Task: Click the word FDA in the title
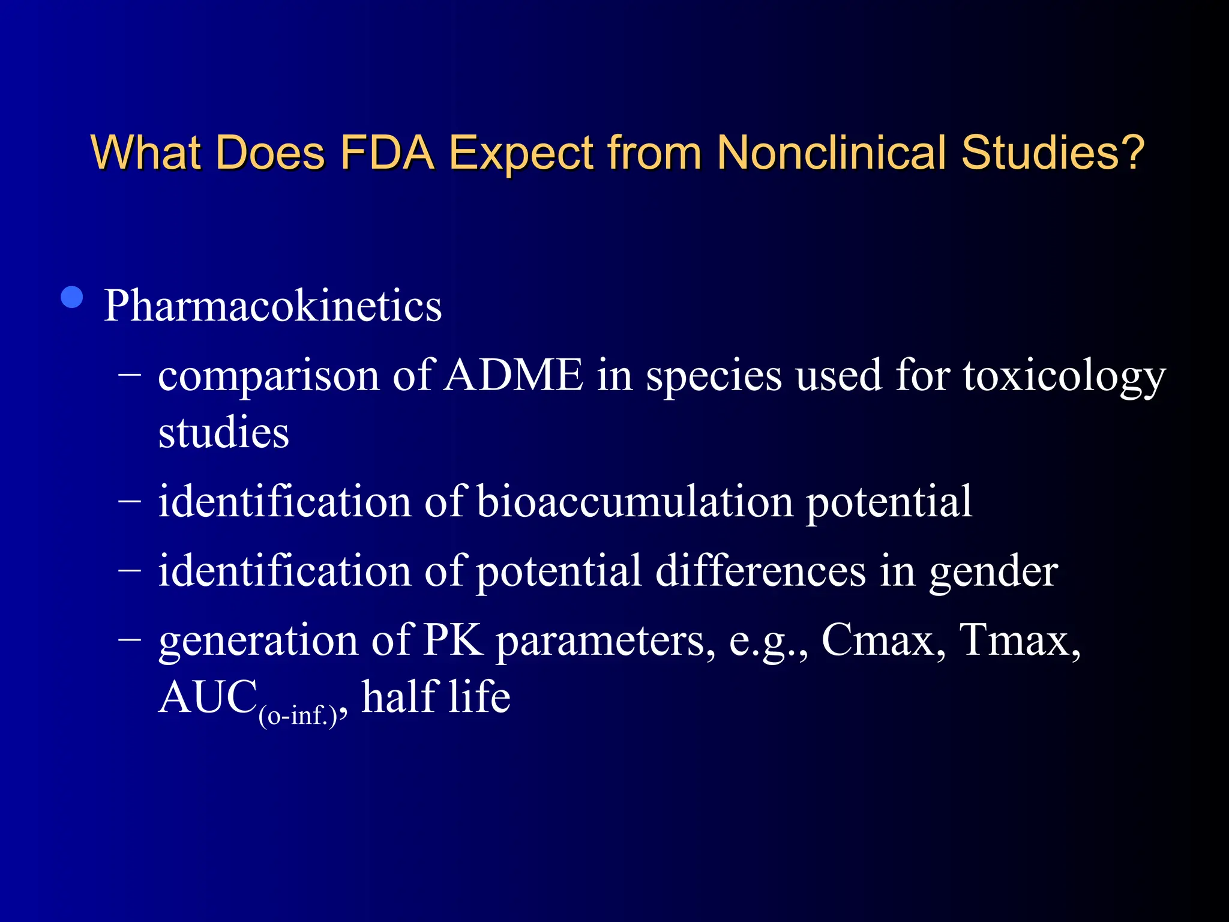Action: (386, 152)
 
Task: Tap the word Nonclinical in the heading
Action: (831, 152)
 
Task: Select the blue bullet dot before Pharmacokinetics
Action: (72, 298)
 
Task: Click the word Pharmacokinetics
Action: (272, 306)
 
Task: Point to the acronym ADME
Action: (514, 376)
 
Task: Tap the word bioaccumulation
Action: (635, 502)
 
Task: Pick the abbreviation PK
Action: (453, 640)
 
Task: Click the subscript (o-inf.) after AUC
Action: (298, 716)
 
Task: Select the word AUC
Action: (208, 698)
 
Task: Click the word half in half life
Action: (398, 698)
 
